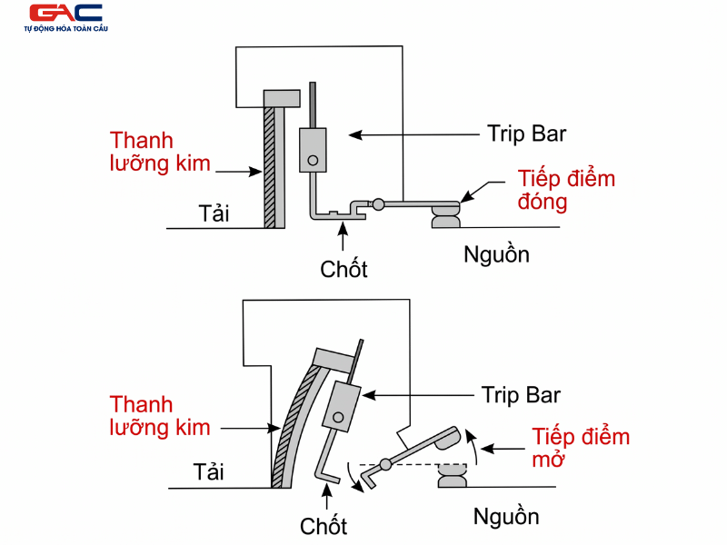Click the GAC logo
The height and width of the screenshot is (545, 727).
coord(65,15)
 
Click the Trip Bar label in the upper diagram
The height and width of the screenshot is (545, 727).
coord(526,134)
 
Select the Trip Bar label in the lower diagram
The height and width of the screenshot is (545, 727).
coord(521,395)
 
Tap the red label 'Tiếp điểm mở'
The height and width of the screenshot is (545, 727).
coord(580,447)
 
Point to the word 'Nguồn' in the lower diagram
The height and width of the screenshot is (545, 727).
coord(506,517)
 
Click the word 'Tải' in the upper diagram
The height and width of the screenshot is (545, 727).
coord(214,214)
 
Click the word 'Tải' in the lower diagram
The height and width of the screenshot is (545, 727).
coord(208,472)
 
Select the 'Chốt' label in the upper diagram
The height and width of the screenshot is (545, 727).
coord(344,269)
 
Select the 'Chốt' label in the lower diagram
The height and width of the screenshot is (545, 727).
coord(324,525)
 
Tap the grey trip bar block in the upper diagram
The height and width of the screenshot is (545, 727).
coord(312,150)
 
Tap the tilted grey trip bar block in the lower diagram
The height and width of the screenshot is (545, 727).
coord(342,406)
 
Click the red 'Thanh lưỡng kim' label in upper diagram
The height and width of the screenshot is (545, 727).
coord(161,153)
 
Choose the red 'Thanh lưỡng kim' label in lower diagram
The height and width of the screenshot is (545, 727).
coord(160,415)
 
